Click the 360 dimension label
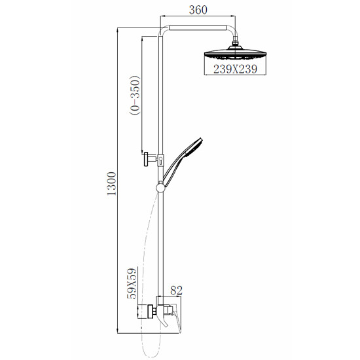click(x=198, y=10)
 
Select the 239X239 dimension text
click(x=235, y=69)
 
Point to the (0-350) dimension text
click(x=135, y=95)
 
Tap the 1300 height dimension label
click(x=112, y=184)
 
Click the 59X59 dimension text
click(x=132, y=283)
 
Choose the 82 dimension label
click(x=176, y=290)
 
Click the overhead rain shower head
click(x=235, y=54)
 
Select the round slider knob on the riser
click(x=160, y=188)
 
